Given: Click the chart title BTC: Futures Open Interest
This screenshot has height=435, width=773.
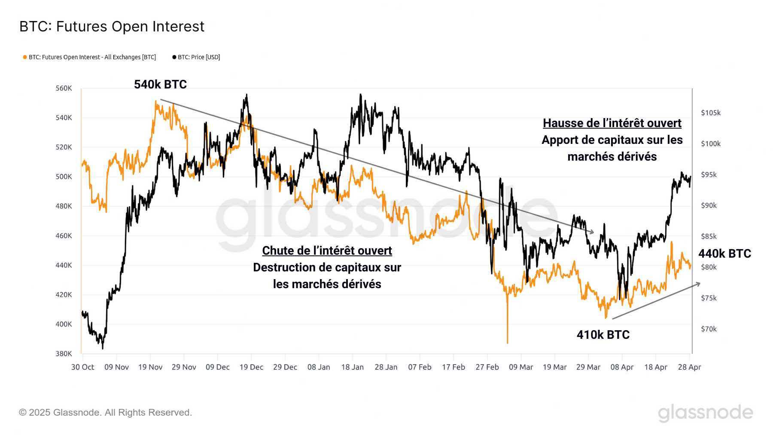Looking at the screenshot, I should [x=112, y=27].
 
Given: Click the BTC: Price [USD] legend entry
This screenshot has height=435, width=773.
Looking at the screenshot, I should [x=196, y=57].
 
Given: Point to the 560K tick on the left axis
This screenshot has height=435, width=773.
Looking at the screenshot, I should [x=64, y=88].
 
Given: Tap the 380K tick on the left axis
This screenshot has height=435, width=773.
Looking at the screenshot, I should [x=64, y=354].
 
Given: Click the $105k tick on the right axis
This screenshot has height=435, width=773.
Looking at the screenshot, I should [x=711, y=113].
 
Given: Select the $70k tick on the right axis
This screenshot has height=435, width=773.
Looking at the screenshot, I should [x=709, y=329].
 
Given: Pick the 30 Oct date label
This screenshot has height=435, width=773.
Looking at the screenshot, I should [x=82, y=367].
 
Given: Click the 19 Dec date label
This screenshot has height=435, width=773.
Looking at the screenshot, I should [x=251, y=367].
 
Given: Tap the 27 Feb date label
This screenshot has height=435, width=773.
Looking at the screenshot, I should [x=487, y=367].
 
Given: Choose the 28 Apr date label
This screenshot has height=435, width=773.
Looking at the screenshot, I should [x=689, y=367].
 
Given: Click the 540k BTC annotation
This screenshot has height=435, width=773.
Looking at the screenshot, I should [x=160, y=85].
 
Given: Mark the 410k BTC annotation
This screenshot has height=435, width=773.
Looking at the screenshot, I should [x=603, y=335].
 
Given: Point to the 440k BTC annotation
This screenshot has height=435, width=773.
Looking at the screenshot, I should [x=724, y=254].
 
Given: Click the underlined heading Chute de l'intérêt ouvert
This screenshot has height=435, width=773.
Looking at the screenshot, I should [x=327, y=251].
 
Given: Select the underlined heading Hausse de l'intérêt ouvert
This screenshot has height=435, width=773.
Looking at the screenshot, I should [x=612, y=123].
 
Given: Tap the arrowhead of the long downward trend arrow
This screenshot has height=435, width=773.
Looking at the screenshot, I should [x=593, y=232].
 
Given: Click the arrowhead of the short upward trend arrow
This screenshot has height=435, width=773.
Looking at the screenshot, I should [x=699, y=284].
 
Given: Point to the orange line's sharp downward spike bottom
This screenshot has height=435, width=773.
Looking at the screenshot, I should [x=507, y=342].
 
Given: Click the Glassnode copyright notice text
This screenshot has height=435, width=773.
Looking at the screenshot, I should [x=105, y=413].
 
